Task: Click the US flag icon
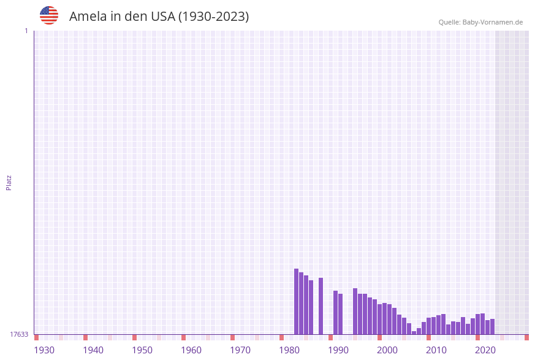[49, 15]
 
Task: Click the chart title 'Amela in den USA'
[159, 17]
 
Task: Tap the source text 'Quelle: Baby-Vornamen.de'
[480, 22]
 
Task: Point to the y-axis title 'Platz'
[9, 182]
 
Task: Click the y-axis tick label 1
[26, 31]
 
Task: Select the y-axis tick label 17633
[19, 334]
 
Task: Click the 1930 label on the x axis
[44, 350]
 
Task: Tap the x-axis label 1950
[142, 350]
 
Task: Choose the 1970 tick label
[240, 350]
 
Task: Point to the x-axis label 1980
[289, 350]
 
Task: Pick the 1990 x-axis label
[338, 350]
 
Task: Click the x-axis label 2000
[387, 350]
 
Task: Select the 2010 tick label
[436, 350]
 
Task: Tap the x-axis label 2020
[485, 350]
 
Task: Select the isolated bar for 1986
[321, 306]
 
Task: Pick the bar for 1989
[336, 313]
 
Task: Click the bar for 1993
[355, 312]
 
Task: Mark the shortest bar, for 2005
[414, 332]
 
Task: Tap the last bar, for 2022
[492, 327]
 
